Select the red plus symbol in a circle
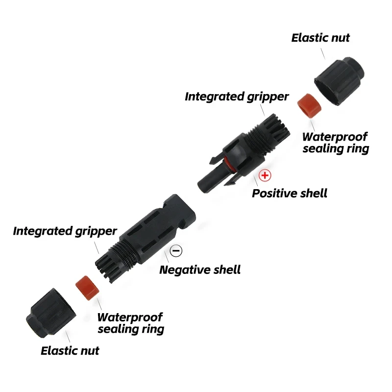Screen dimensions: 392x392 pos(265,175)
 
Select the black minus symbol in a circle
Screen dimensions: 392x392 pos(176,251)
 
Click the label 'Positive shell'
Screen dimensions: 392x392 pos(289,193)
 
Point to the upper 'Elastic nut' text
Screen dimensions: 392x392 pos(320,38)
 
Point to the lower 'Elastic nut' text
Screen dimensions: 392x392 pos(70,350)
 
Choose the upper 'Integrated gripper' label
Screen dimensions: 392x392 pos(237,97)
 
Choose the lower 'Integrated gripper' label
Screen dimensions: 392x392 pos(65,231)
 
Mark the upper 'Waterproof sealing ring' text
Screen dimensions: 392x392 pos(335,143)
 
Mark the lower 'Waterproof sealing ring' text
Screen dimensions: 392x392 pos(130,323)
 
